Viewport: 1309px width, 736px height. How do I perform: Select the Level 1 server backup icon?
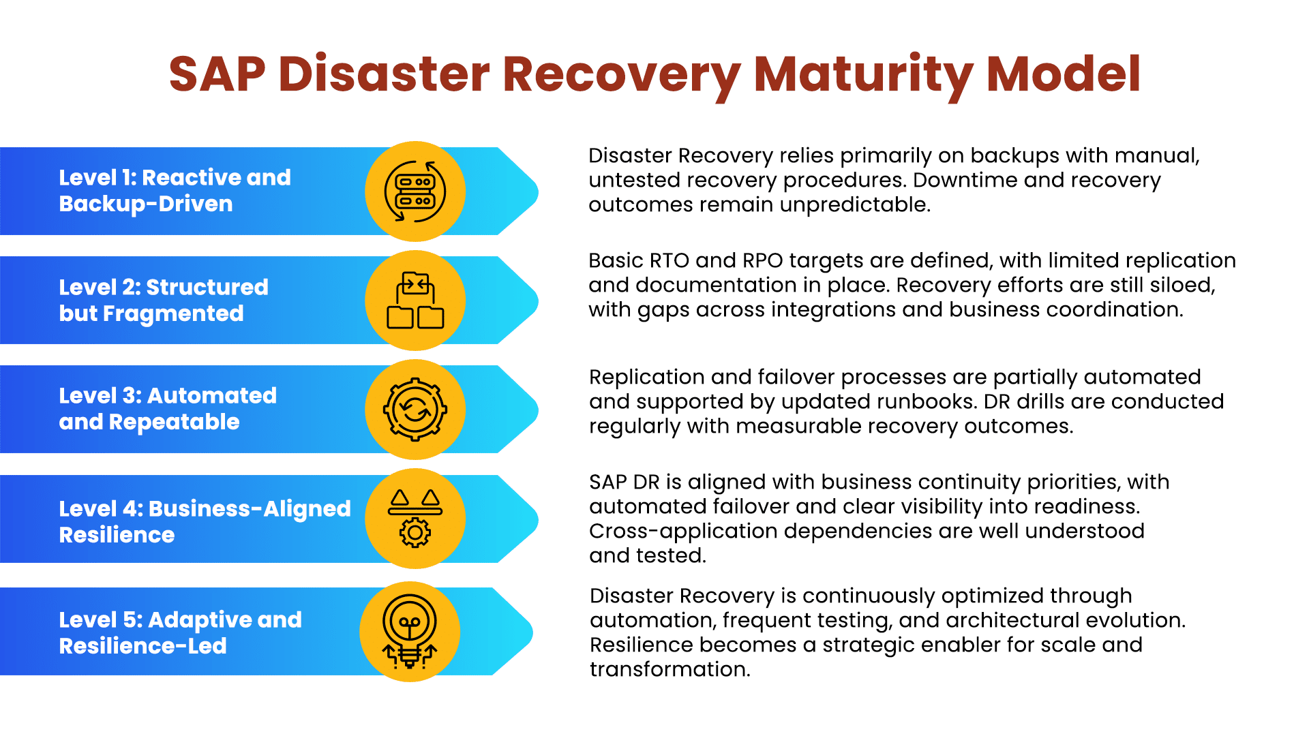coord(415,191)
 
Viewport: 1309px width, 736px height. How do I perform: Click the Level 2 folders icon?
coord(415,301)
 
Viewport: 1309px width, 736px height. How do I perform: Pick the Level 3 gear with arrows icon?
coord(415,410)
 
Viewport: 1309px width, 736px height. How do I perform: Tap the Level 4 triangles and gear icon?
coord(415,519)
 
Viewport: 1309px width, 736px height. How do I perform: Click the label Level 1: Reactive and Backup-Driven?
coord(175,191)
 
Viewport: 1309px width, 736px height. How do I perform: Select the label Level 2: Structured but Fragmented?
coord(164,300)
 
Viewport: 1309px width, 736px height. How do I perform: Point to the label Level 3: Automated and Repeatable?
coord(168,409)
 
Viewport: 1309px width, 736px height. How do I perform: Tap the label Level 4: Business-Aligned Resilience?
coord(205,521)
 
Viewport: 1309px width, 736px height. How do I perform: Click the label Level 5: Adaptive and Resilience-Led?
coord(180,632)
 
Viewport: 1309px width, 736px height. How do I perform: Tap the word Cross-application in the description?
coord(683,531)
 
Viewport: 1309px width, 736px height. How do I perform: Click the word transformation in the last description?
coord(669,669)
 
